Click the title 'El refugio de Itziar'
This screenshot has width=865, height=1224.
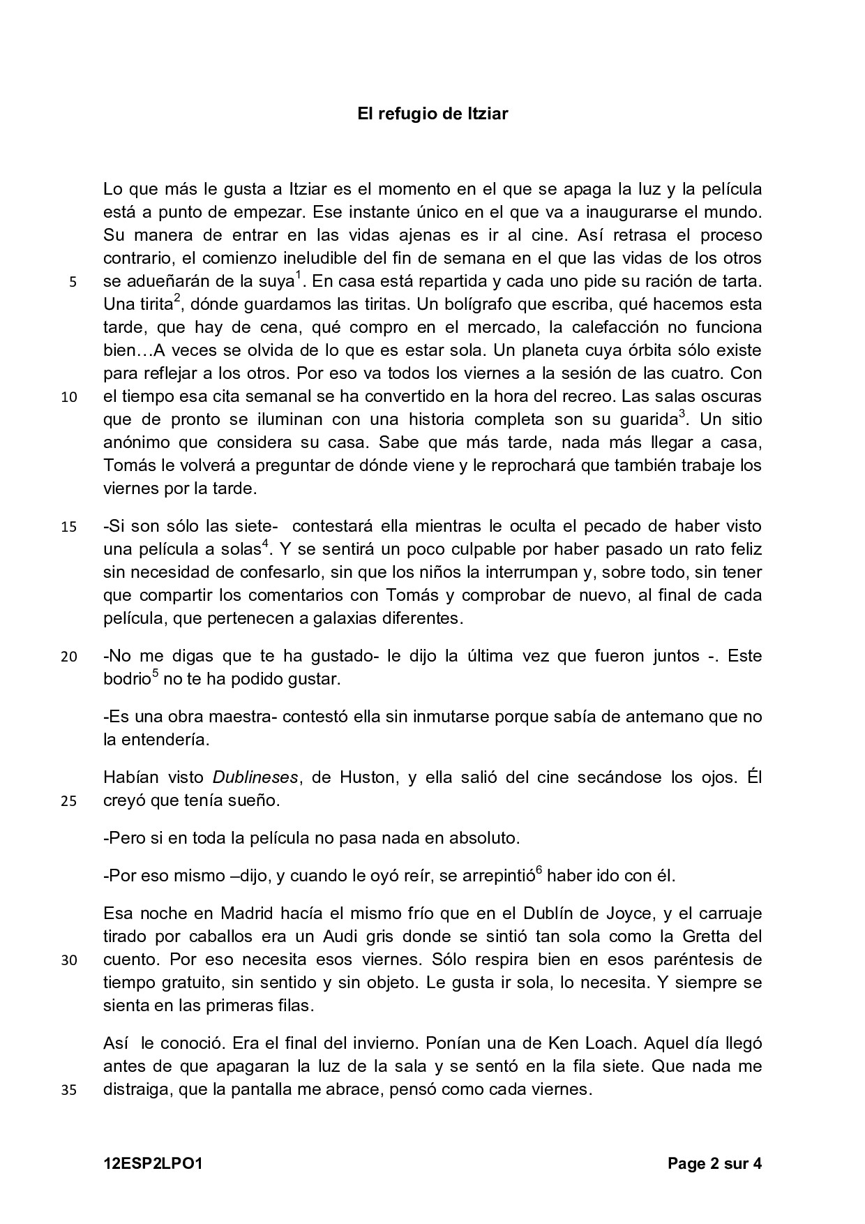pos(433,113)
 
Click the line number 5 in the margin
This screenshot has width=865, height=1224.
pos(73,283)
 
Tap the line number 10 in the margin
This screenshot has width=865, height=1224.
pos(69,398)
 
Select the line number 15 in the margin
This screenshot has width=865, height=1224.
pos(69,527)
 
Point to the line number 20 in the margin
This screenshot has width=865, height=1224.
pos(69,657)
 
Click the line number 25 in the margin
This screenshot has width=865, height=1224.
pos(69,801)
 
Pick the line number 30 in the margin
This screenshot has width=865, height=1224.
pos(69,960)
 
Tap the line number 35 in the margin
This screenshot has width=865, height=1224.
pos(69,1090)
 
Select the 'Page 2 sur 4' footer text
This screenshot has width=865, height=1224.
pos(714,1163)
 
